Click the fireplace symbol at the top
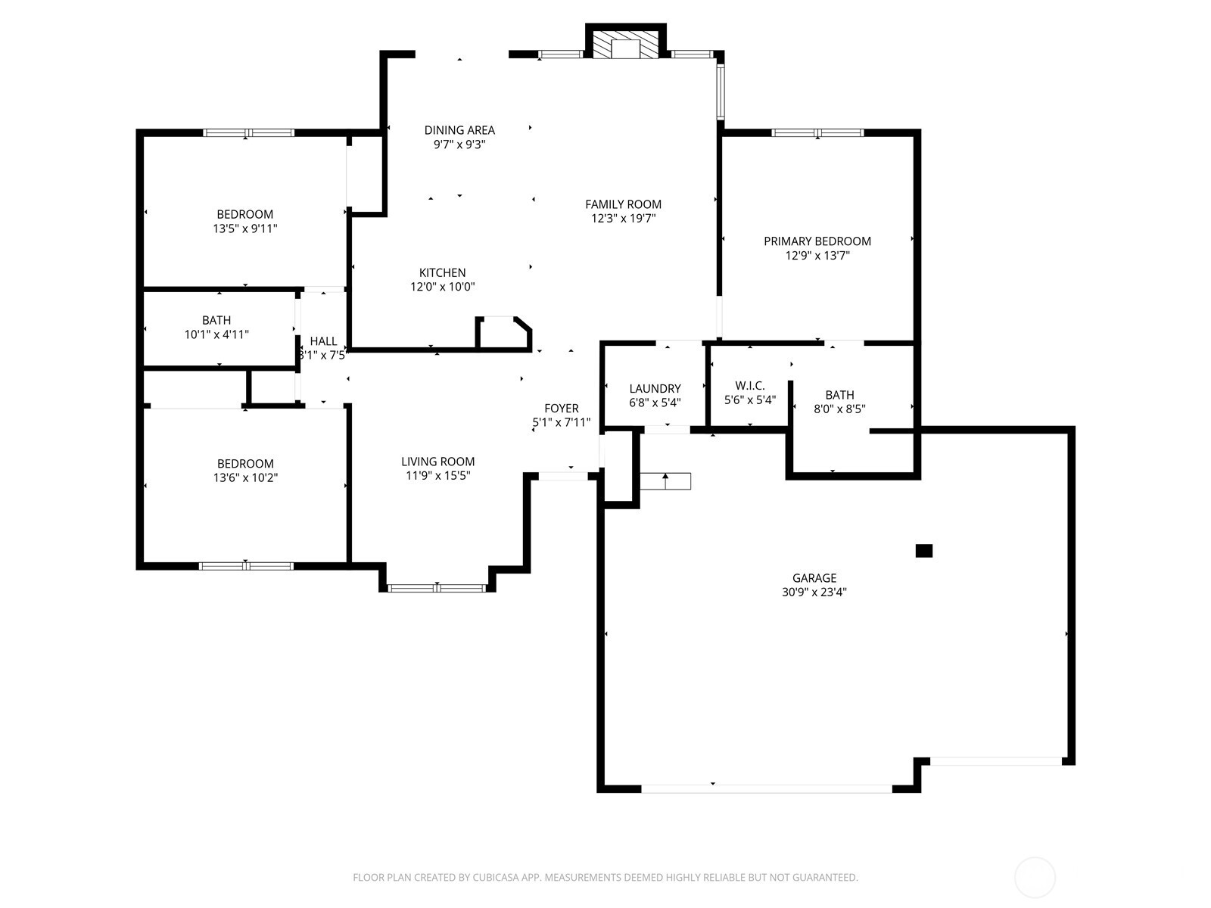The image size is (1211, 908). point(625,45)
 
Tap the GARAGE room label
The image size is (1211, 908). point(814,578)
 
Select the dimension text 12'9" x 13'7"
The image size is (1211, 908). point(817,256)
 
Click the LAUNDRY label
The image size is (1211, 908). point(655,389)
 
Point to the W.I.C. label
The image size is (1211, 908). point(749,386)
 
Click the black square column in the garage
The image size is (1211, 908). point(923,551)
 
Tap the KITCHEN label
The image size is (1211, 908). point(443,272)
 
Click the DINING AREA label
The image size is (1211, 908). point(459,130)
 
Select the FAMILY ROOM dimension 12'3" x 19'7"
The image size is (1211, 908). point(623,219)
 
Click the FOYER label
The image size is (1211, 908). point(562,409)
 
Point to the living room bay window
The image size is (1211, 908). point(437,587)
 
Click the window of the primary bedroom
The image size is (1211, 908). point(817,133)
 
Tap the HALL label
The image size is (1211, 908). point(323,342)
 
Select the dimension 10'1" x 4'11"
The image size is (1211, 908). point(216,334)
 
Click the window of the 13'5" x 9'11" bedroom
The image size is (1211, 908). point(247,133)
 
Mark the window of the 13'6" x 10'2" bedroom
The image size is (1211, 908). point(246,565)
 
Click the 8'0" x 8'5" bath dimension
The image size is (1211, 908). point(839,409)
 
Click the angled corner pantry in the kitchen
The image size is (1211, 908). point(503,333)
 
